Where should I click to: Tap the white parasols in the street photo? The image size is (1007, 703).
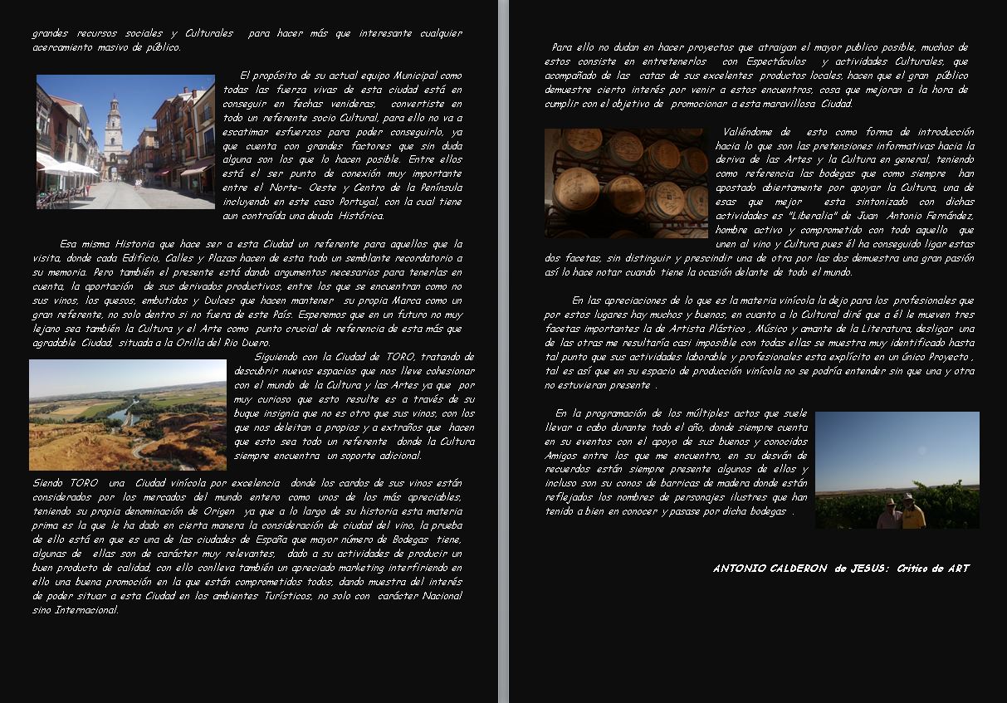(x=69, y=168)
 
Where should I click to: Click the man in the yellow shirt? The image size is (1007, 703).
(x=912, y=512)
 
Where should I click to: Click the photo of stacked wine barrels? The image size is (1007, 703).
(x=626, y=183)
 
